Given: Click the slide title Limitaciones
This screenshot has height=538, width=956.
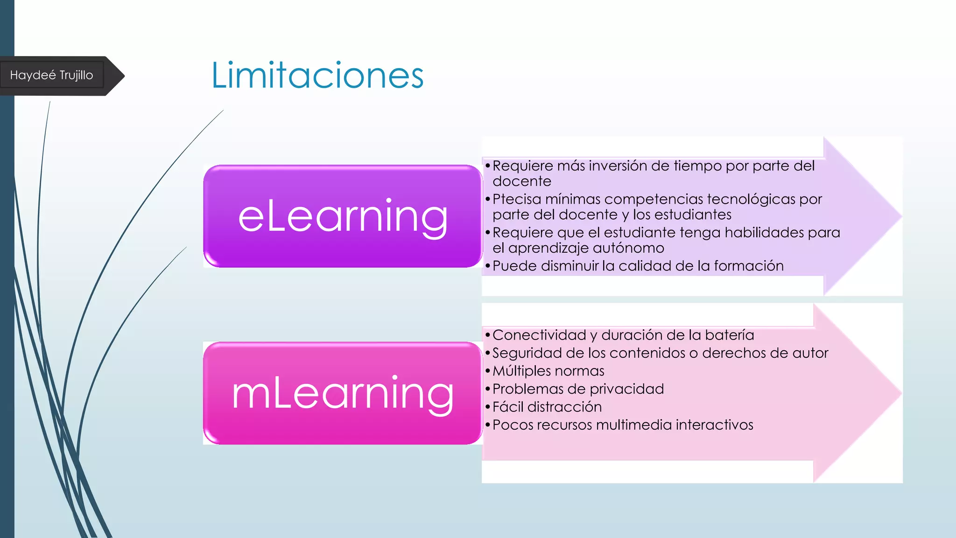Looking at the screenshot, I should tap(317, 75).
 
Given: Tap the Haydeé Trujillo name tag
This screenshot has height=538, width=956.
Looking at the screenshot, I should tap(52, 75).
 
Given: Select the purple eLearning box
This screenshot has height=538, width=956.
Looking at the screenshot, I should tap(343, 216).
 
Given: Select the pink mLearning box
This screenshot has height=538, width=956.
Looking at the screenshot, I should tap(343, 393).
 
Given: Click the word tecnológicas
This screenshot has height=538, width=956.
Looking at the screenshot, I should tap(751, 199).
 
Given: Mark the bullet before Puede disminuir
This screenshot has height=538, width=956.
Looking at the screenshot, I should tap(487, 267).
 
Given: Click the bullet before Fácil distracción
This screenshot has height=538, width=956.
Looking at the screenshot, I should tap(487, 408).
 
